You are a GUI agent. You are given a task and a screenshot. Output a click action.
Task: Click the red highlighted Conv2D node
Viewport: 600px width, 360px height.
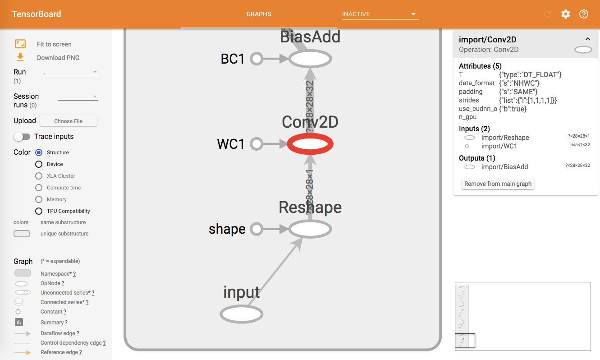pyautogui.click(x=310, y=144)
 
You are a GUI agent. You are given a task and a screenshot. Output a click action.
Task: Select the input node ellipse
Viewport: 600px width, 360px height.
pyautogui.click(x=241, y=314)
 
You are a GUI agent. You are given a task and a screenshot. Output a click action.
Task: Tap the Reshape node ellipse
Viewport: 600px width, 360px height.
pyautogui.click(x=310, y=229)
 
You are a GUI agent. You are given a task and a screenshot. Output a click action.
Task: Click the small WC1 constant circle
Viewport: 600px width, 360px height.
pyautogui.click(x=256, y=144)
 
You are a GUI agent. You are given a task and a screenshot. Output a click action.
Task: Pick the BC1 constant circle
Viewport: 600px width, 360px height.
pyautogui.click(x=256, y=59)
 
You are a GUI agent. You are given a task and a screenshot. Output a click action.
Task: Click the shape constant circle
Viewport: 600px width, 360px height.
pyautogui.click(x=256, y=229)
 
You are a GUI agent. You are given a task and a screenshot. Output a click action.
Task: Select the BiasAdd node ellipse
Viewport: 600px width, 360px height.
pyautogui.click(x=310, y=59)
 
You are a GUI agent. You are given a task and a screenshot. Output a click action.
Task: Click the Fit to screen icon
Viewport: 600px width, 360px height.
pyautogui.click(x=20, y=44)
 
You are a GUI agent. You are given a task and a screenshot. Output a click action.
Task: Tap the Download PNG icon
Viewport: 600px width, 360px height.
pyautogui.click(x=20, y=57)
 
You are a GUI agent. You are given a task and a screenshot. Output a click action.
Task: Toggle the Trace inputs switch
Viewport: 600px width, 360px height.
pyautogui.click(x=22, y=136)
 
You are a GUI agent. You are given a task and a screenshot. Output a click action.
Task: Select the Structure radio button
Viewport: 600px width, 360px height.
pyautogui.click(x=39, y=152)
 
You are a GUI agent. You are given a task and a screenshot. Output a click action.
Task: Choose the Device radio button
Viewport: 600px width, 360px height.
pyautogui.click(x=39, y=164)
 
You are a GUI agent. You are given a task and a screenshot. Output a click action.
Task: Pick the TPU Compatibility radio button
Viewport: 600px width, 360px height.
pyautogui.click(x=39, y=211)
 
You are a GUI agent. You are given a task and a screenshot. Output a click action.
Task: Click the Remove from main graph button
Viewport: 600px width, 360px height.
pyautogui.click(x=498, y=184)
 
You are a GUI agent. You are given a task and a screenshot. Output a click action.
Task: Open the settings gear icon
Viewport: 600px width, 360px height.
pyautogui.click(x=565, y=14)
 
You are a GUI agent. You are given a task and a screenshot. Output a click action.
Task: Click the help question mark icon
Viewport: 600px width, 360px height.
pyautogui.click(x=583, y=14)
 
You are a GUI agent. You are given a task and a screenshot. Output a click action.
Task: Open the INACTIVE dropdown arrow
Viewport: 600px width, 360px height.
pyautogui.click(x=413, y=14)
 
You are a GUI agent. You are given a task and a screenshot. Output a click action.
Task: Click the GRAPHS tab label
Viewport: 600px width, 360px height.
pyautogui.click(x=259, y=14)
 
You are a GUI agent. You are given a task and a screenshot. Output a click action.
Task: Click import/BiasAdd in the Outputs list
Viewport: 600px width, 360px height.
pyautogui.click(x=504, y=167)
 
